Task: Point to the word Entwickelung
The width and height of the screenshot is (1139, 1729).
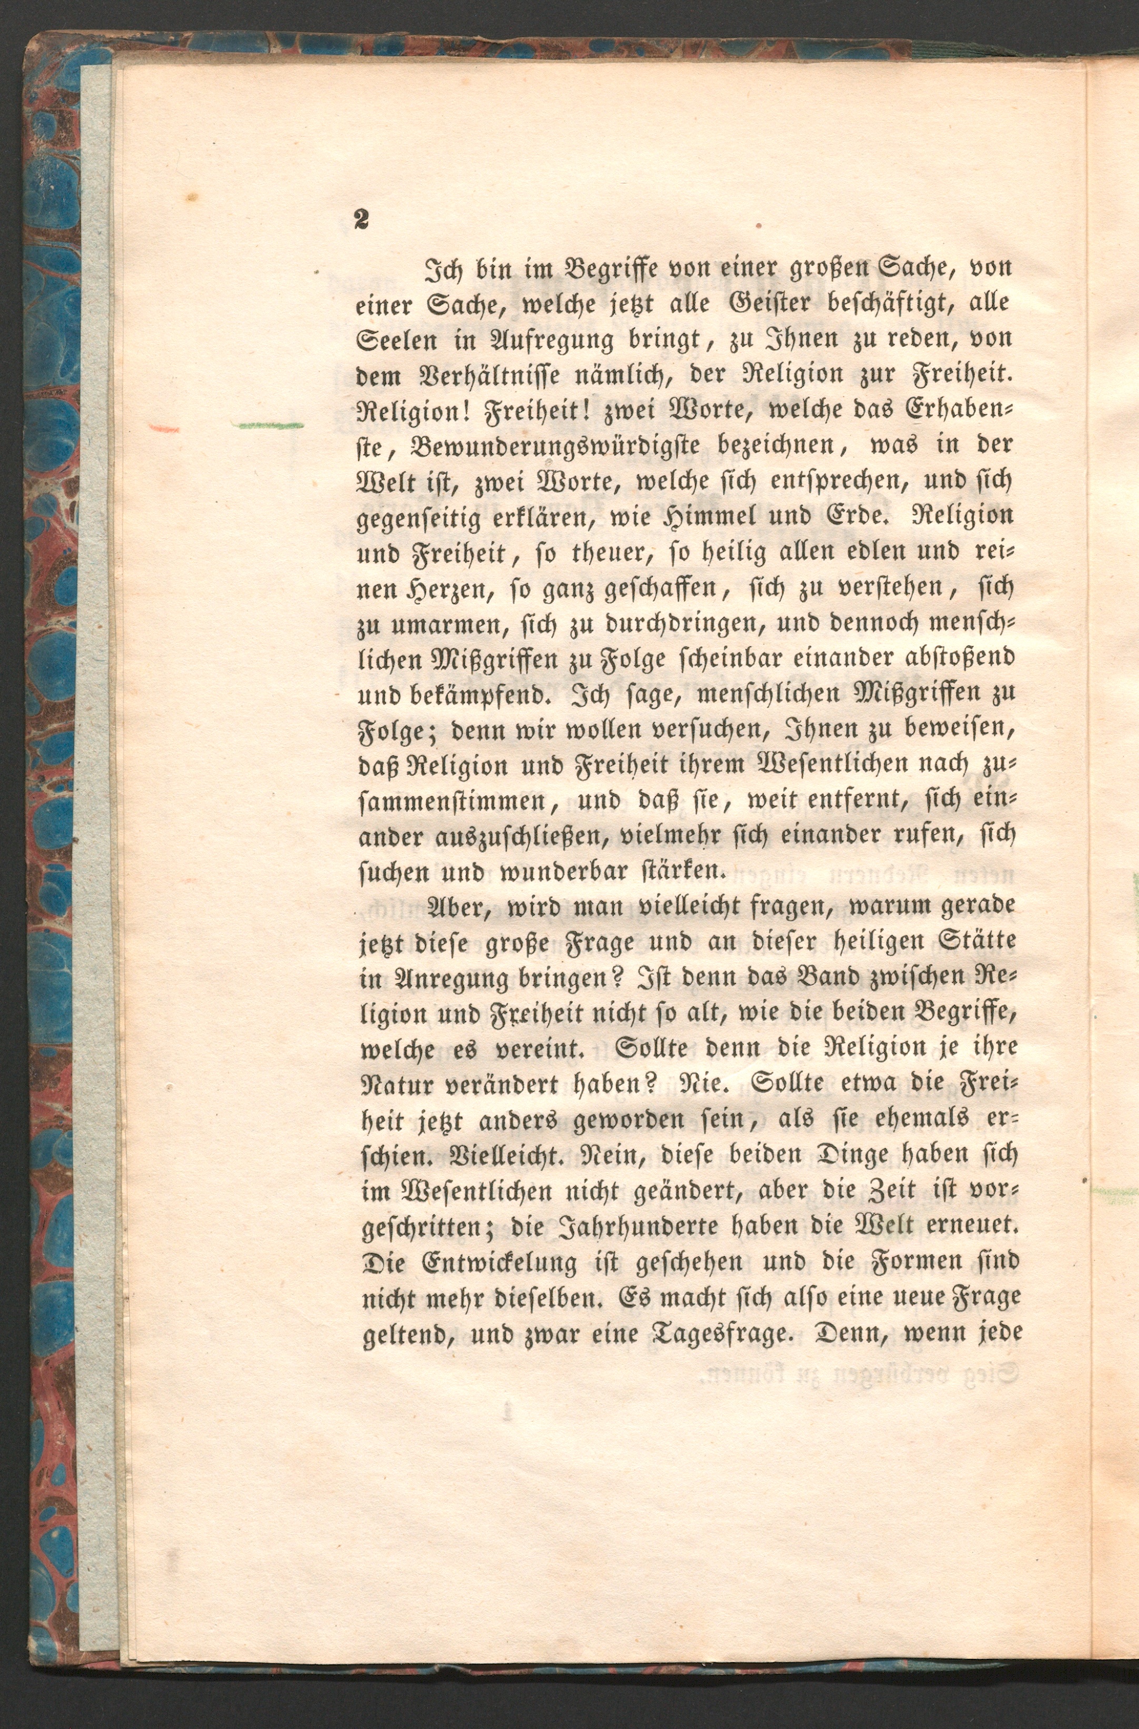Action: [x=499, y=1263]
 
